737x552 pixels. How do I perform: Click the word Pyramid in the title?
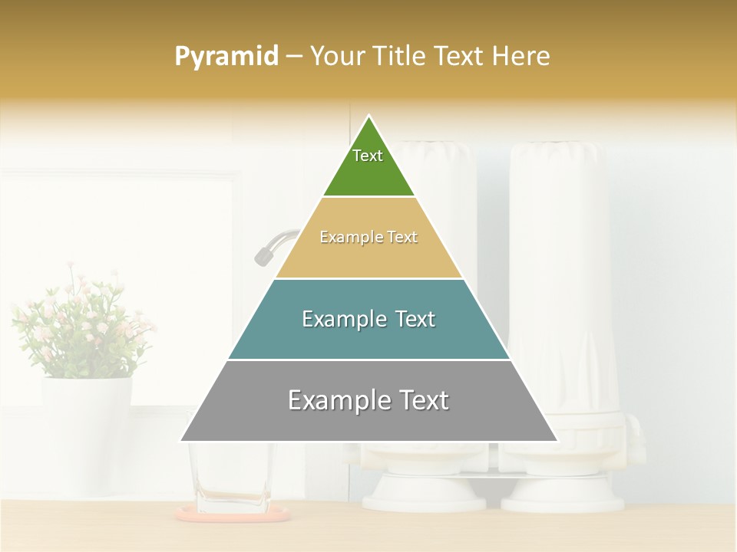[226, 57]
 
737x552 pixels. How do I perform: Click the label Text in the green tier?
[368, 156]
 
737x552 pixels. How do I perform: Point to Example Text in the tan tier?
[368, 237]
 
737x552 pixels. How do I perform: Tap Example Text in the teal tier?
[368, 319]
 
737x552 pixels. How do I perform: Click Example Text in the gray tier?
[368, 400]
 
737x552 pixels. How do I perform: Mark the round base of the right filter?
[562, 495]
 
